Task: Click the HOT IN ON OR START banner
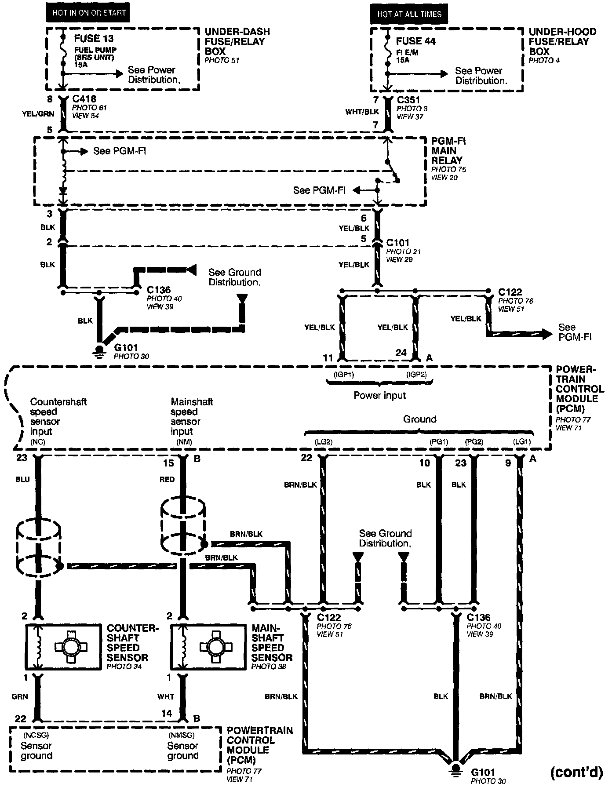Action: pyautogui.click(x=89, y=13)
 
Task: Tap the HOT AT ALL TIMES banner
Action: pyautogui.click(x=409, y=14)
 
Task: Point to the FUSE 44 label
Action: pyautogui.click(x=415, y=41)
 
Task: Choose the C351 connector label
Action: pyautogui.click(x=409, y=100)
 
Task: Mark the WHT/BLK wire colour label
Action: pyautogui.click(x=361, y=112)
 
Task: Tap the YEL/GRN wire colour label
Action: pyautogui.click(x=38, y=114)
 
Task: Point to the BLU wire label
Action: pyautogui.click(x=22, y=479)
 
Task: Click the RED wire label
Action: pyautogui.click(x=167, y=479)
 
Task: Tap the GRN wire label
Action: pyautogui.click(x=20, y=696)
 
